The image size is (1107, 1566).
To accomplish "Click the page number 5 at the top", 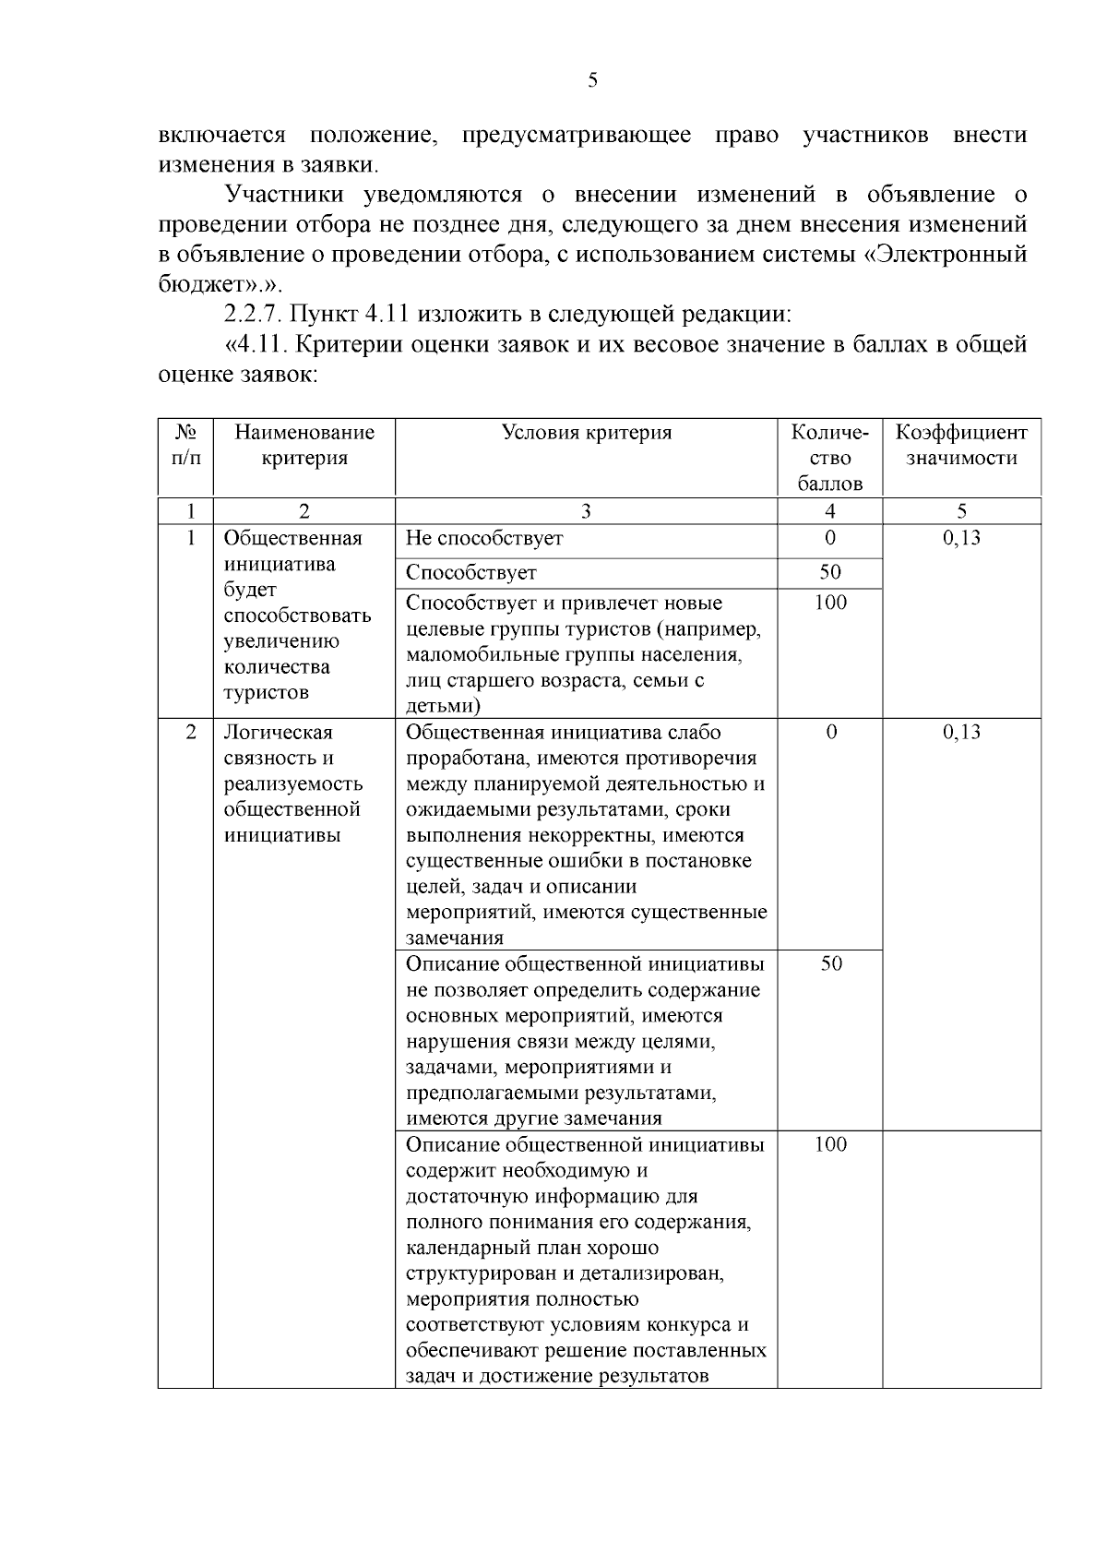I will [592, 80].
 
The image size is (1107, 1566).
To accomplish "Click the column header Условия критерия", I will [586, 433].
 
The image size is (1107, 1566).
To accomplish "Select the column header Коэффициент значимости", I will [961, 445].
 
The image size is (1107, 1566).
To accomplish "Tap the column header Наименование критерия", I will [304, 445].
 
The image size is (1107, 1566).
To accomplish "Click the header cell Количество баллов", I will [830, 458].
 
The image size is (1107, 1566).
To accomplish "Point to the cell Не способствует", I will [484, 538].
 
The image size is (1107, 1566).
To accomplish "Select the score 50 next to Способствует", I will [830, 572].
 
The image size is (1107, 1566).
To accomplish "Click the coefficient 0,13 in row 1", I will [961, 538].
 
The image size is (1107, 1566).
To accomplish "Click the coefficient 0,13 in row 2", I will [961, 733].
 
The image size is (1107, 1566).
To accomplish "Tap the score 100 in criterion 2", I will [830, 1145].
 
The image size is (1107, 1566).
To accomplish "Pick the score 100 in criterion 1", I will [830, 604].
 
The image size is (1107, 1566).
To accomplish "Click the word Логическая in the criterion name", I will [278, 733].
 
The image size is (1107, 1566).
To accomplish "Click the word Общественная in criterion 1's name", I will [292, 538].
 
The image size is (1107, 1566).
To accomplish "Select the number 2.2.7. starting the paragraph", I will [254, 314].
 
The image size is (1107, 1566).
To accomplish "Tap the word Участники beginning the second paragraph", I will [284, 195].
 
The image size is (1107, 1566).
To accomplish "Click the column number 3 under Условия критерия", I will [586, 511].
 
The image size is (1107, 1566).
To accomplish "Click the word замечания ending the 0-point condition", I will [455, 938].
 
